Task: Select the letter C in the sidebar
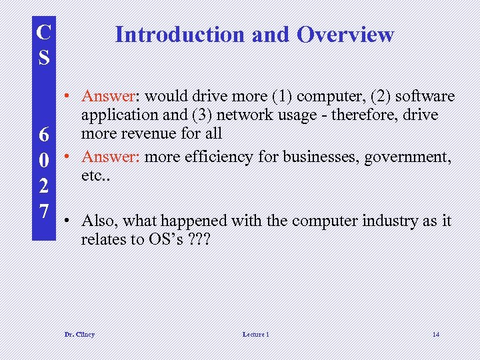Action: [43, 31]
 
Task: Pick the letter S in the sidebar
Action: [43, 57]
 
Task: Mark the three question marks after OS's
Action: [197, 239]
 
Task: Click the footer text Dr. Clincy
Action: [79, 334]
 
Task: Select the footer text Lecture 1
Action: [255, 334]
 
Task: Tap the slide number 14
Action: [435, 334]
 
